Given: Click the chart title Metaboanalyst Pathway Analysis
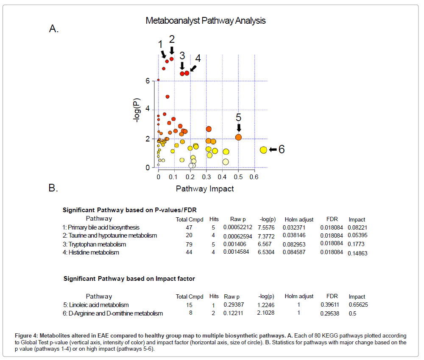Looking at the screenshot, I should (x=205, y=20).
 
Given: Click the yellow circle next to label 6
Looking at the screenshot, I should (x=263, y=150).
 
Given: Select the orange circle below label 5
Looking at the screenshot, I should (x=238, y=137).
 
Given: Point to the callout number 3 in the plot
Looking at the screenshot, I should (x=182, y=55).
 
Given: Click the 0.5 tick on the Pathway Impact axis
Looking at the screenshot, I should (x=238, y=176).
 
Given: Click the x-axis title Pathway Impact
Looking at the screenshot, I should (x=205, y=188).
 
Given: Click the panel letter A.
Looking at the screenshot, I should (x=53, y=29).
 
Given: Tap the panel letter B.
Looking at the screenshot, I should (x=53, y=188).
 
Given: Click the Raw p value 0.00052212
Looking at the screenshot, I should (x=238, y=228).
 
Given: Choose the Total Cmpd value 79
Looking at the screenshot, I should (x=190, y=244).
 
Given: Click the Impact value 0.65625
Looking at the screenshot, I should (x=359, y=305).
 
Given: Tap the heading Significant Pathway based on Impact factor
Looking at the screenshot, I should (x=129, y=279).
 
